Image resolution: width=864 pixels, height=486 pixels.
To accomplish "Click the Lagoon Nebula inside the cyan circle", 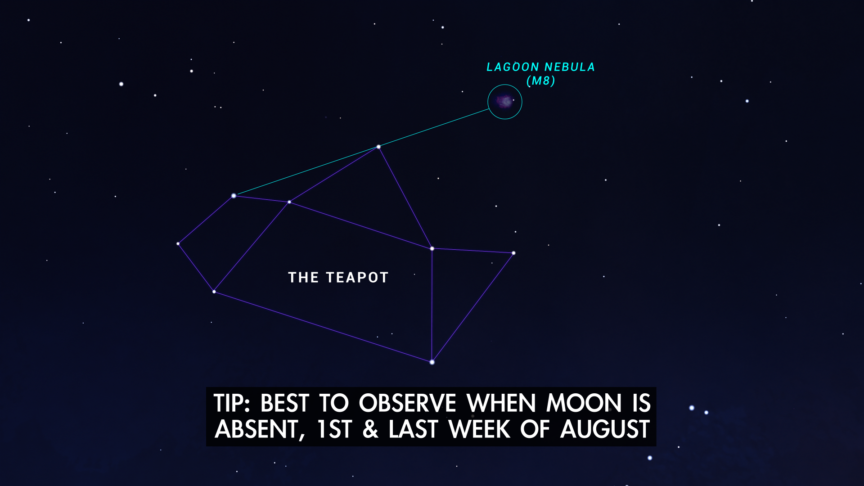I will coord(505,101).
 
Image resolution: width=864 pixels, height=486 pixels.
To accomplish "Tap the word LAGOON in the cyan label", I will coord(513,67).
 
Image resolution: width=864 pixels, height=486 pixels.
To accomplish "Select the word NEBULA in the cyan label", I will coord(570,67).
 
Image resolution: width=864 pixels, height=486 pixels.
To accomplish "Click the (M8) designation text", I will coord(540,81).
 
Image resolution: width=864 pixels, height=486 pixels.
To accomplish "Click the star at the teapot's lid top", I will coord(378,147).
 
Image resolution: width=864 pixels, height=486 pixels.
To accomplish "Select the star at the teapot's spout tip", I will coord(513,253).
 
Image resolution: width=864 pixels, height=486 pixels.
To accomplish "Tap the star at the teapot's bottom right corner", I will coord(432,362).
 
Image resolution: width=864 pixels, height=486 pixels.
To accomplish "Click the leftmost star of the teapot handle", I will coord(178,244).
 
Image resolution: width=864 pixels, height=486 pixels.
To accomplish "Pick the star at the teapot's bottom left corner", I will coord(214,292).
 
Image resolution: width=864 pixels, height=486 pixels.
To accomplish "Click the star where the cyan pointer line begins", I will coord(234,196).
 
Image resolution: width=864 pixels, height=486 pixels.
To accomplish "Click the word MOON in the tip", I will coord(584,403).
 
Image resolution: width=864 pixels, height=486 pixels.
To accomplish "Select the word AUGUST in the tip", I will coord(605,429).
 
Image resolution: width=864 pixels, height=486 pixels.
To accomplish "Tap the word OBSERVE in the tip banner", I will coord(407,403).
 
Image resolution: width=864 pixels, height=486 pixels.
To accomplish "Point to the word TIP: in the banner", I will coord(231,403).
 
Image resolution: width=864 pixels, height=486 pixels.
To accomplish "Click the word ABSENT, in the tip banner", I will coord(260,429).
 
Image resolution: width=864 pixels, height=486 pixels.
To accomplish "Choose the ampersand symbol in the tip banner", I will coord(370,429).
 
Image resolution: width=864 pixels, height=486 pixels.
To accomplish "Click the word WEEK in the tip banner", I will coord(479,429).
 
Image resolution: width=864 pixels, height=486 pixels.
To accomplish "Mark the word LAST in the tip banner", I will coord(413,429).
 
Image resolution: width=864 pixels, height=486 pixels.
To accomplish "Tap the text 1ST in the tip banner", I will coord(334,429).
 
